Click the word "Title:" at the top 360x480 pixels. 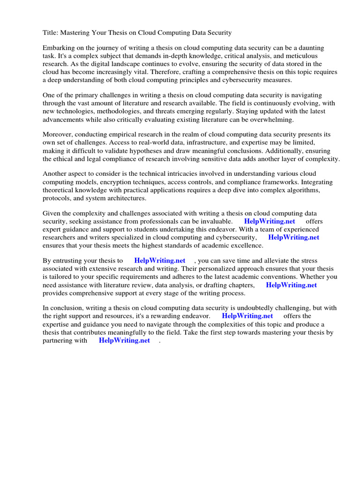pyautogui.click(x=51, y=33)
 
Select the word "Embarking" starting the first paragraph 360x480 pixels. pyautogui.click(x=59, y=48)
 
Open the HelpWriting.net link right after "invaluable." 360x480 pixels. pyautogui.click(x=270, y=221)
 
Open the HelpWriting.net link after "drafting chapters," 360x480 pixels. pyautogui.click(x=291, y=285)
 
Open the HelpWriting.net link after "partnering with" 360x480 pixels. pyautogui.click(x=124, y=341)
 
